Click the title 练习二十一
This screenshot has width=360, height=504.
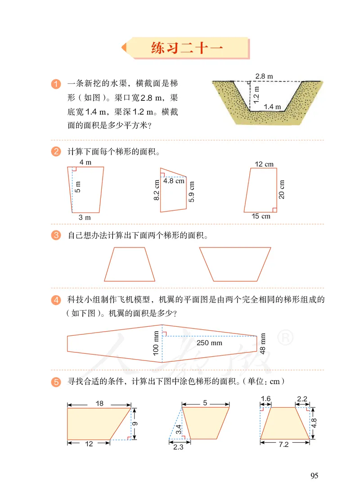point(186,48)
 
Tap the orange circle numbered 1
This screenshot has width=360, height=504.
point(56,84)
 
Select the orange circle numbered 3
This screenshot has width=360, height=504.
point(56,235)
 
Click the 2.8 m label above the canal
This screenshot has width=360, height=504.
point(264,76)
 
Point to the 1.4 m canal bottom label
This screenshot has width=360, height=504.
point(272,107)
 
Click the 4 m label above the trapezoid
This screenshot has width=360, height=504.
point(85,162)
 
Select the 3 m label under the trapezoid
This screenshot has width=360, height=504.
point(85,217)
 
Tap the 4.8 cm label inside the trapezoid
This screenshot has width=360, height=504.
point(174,181)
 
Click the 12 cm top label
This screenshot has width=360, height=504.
point(264,164)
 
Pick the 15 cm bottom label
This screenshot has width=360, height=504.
point(261,216)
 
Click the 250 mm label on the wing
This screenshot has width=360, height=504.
point(210,343)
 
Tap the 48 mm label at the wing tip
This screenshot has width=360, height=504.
point(263,343)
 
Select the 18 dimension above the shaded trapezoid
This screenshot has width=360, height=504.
point(99,403)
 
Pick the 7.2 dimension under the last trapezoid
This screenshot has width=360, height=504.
point(284,444)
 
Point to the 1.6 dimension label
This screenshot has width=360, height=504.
point(266,398)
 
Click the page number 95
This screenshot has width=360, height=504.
point(314,476)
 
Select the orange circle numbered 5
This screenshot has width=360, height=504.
point(56,382)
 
